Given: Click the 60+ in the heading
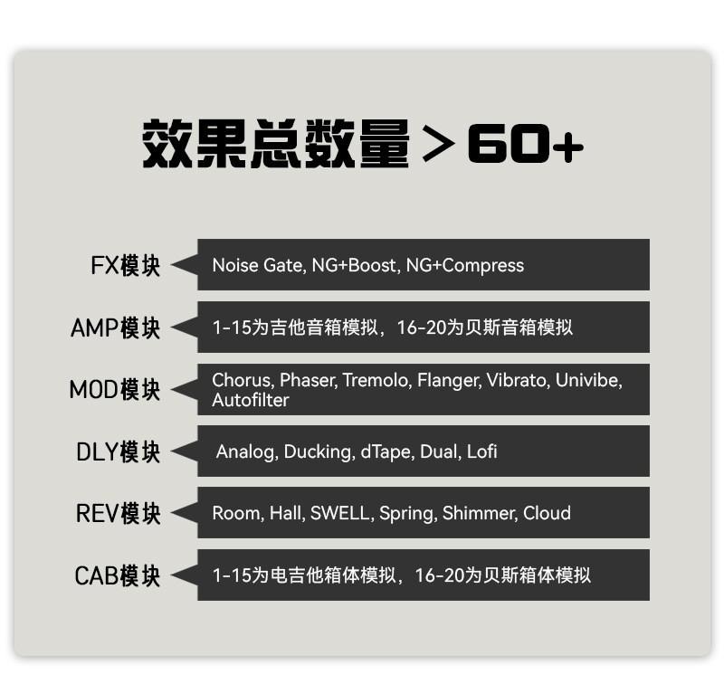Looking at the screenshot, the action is [x=526, y=145].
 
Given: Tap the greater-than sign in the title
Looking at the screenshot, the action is [x=438, y=146].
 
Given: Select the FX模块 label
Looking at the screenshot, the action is [x=125, y=266].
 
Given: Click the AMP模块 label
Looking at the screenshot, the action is [x=115, y=328].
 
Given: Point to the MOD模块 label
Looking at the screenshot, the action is [x=114, y=390].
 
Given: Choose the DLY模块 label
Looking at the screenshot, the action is [x=118, y=451].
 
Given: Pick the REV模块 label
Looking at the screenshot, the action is [x=118, y=513].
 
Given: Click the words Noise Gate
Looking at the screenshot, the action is [x=257, y=265].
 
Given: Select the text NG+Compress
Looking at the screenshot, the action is [x=464, y=265].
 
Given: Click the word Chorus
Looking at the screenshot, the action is [x=241, y=380].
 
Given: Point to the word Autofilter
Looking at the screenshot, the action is [x=251, y=400].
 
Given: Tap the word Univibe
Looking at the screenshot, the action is [x=589, y=380].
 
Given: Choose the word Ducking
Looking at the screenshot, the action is [x=318, y=451].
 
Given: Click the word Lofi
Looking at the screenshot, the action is [x=481, y=451].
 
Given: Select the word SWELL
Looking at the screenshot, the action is [x=339, y=513].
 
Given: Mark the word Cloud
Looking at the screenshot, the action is [x=547, y=513].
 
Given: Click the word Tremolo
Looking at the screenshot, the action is [x=375, y=380].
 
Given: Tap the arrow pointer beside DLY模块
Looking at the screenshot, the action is [x=184, y=451].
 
